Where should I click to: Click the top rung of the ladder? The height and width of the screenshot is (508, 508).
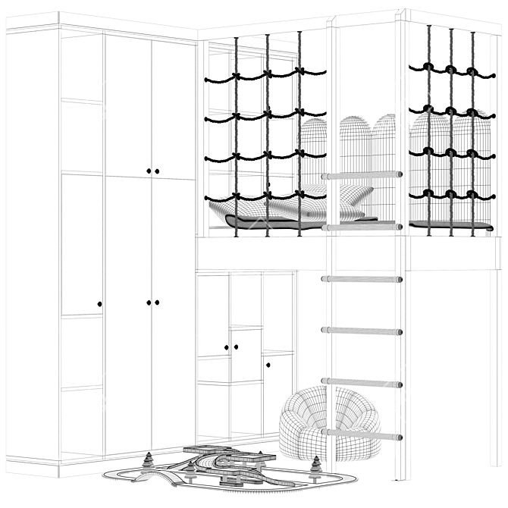point(362,175)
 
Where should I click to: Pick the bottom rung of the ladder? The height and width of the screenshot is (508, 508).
point(362,435)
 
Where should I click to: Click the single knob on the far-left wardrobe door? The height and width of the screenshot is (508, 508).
point(99,304)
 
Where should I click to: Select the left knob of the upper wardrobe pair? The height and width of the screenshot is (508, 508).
point(149,171)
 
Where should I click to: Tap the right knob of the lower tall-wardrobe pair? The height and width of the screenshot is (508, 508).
point(157,303)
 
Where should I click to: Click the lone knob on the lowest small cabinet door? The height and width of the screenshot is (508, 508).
point(268,365)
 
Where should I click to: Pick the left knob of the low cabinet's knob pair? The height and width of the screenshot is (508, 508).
point(227,347)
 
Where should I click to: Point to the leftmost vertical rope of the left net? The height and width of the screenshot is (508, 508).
point(236,136)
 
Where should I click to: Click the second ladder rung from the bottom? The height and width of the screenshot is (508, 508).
point(362,382)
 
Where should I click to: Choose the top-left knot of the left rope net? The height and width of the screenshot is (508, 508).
point(236,76)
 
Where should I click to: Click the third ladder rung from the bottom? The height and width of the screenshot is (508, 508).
point(362,331)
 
